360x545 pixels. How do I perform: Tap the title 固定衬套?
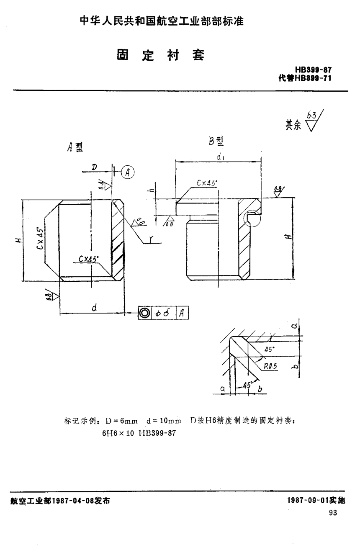click(161, 55)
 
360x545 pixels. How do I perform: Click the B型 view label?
click(216, 141)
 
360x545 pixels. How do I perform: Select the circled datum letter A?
click(128, 171)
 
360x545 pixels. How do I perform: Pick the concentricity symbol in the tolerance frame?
click(145, 312)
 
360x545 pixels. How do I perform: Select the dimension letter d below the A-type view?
click(95, 308)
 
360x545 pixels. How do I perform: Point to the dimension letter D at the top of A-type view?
click(94, 167)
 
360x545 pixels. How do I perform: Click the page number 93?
click(333, 514)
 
